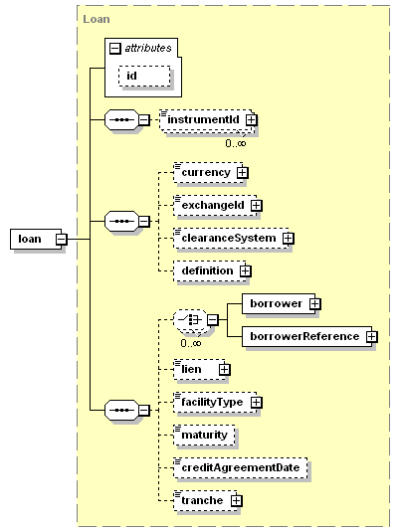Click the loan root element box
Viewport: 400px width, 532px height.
pos(36,239)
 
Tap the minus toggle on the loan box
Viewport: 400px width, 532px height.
pos(62,240)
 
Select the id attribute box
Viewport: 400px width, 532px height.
pos(144,76)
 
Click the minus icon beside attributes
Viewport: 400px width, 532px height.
pos(114,48)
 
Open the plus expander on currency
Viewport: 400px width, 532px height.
pos(242,173)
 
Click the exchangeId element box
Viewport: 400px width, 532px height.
pos(215,205)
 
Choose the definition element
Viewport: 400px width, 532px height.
pos(210,270)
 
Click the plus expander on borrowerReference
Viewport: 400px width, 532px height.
pos(372,336)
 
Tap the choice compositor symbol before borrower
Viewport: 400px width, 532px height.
pos(190,319)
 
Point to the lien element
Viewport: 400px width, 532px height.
pos(199,369)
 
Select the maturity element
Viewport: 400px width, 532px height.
pos(204,435)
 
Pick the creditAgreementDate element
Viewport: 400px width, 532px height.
pos(241,468)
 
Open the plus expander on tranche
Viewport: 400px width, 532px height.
pos(237,501)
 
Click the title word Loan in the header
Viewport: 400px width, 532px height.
pos(97,19)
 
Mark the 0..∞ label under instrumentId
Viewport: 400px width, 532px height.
pos(236,143)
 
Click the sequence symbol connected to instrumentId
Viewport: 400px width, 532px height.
pos(122,119)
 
